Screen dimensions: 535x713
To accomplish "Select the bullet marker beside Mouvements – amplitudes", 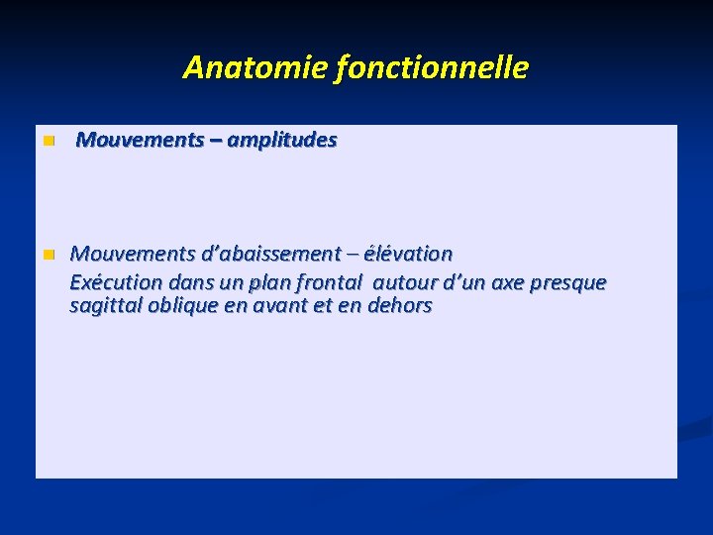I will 47,142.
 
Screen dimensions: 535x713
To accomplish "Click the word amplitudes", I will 281,141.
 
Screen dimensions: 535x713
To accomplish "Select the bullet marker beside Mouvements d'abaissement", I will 47,256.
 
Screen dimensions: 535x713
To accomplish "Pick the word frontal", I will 323,283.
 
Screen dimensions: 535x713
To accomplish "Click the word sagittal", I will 105,306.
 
